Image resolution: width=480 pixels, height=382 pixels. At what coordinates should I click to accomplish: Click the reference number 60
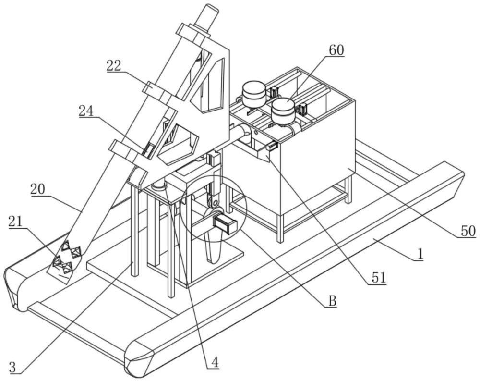(336, 50)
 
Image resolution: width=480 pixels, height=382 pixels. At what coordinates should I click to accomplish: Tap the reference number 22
(114, 65)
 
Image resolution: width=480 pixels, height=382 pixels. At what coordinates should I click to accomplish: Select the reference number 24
(86, 111)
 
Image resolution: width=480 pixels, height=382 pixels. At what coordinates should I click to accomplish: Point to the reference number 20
(37, 190)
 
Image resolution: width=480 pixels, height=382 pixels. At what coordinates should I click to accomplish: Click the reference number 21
(16, 222)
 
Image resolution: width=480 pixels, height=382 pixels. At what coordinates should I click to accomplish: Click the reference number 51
(379, 278)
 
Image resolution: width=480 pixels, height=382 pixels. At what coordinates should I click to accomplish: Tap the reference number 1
(420, 254)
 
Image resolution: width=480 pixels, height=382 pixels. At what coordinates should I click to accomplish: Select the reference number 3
(12, 367)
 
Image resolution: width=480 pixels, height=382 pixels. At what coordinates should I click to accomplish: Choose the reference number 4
(215, 363)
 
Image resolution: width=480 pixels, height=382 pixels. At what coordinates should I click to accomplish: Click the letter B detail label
(333, 301)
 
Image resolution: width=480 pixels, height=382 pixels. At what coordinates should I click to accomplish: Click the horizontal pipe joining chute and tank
(238, 134)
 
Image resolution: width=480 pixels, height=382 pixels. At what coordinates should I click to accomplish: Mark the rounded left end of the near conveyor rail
(139, 358)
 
